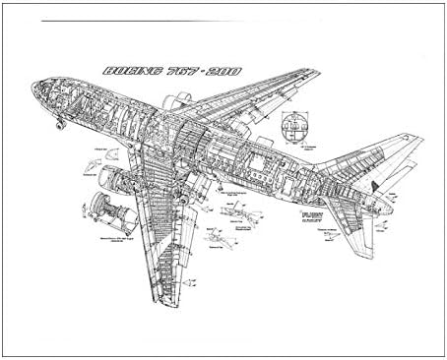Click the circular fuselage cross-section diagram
[292, 124]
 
